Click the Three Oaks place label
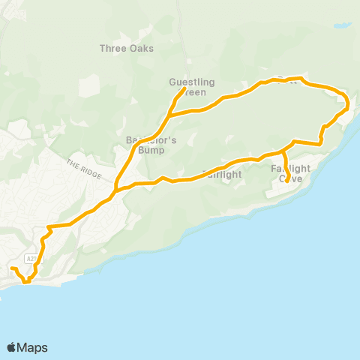(x=127, y=49)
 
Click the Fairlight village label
(x=222, y=175)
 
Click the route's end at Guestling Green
(x=184, y=90)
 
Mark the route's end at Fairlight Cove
(x=288, y=181)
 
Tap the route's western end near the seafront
(x=11, y=268)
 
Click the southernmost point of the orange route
(x=26, y=283)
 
